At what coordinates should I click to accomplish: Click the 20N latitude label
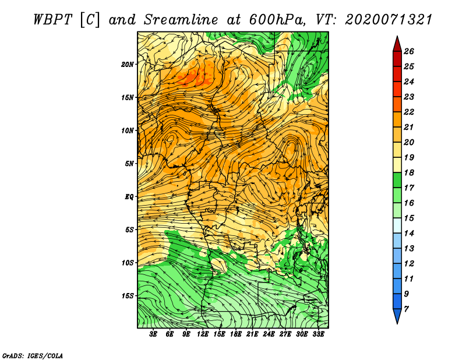click(x=127, y=65)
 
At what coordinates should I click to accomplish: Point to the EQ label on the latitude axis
click(x=129, y=197)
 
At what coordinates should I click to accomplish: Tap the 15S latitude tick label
click(x=127, y=296)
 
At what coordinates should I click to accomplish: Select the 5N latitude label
click(x=129, y=164)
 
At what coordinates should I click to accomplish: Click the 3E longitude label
click(x=153, y=334)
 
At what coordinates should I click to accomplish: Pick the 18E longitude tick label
click(x=236, y=334)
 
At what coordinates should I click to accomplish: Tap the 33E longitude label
click(x=318, y=334)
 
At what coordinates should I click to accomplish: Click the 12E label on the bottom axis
click(x=203, y=334)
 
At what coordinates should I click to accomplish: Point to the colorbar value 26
click(x=409, y=51)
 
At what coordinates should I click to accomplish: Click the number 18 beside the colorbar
click(x=409, y=172)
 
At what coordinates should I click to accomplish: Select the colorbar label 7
click(x=406, y=309)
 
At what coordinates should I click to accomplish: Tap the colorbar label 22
click(x=409, y=112)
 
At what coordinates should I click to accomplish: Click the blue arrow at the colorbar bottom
click(x=397, y=316)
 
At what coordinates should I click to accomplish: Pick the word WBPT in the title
click(x=52, y=20)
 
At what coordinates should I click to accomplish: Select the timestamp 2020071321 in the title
click(x=388, y=20)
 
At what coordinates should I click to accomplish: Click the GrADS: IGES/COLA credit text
click(x=33, y=355)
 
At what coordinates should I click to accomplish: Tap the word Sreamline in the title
click(x=181, y=20)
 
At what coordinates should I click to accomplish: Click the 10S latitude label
click(x=127, y=263)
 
